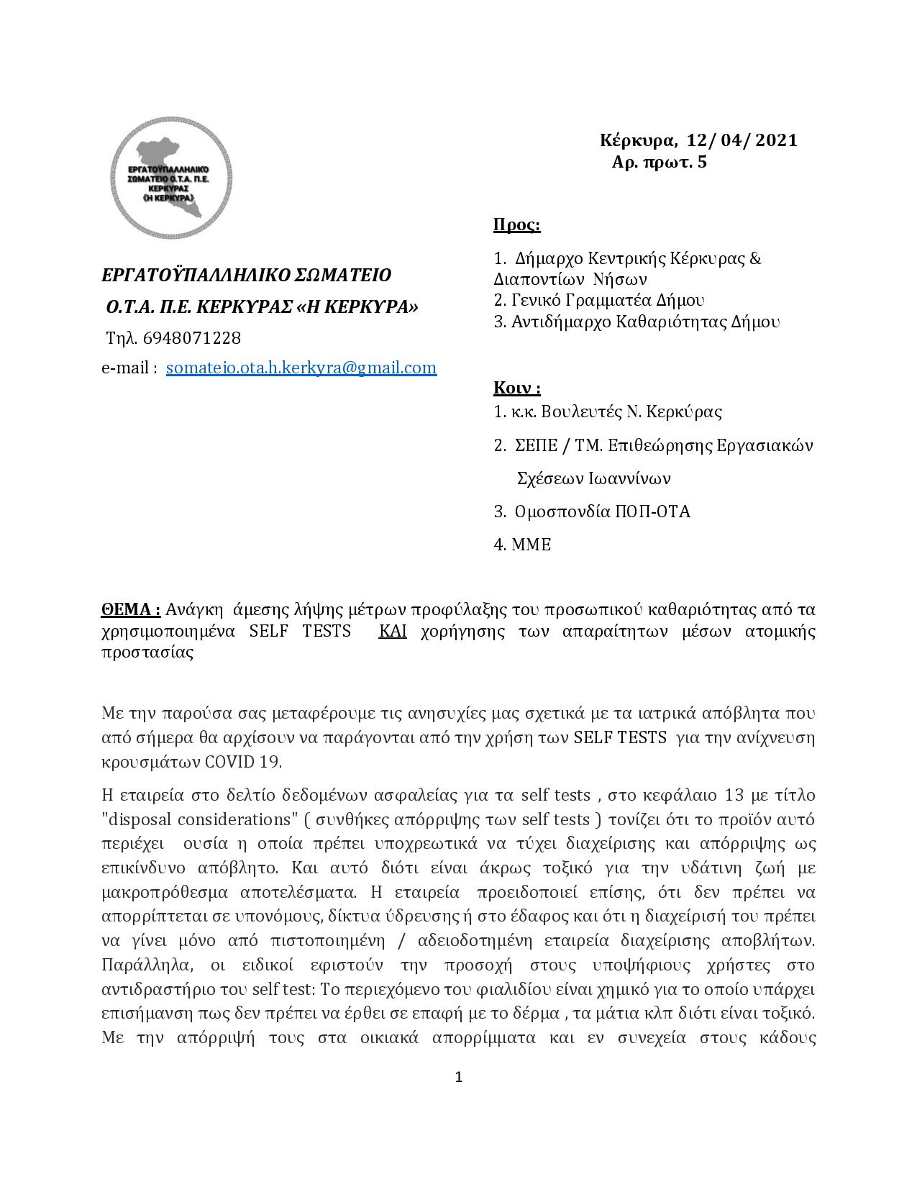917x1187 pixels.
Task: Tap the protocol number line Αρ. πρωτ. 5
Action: [x=659, y=163]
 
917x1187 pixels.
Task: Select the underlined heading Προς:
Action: [x=516, y=225]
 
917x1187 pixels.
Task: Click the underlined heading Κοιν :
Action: [x=516, y=388]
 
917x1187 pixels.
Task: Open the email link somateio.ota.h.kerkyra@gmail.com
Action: [x=301, y=368]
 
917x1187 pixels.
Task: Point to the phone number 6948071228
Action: [x=192, y=337]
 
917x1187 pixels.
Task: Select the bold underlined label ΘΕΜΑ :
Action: [x=130, y=609]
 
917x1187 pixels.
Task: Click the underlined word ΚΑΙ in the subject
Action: [x=393, y=631]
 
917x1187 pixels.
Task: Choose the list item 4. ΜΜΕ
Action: [x=522, y=545]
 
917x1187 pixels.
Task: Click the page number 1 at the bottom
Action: [x=459, y=1077]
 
